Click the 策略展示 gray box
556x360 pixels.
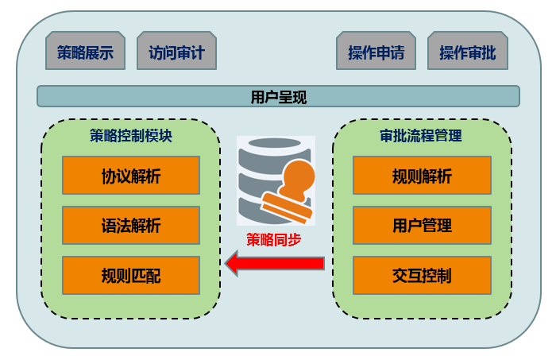[85, 52]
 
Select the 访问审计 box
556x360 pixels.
[176, 52]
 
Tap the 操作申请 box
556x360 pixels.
[376, 52]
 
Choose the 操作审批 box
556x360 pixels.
[467, 52]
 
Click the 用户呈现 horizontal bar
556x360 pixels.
[278, 97]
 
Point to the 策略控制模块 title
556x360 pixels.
[131, 135]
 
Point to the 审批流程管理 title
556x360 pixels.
[421, 135]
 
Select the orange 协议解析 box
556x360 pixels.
[131, 176]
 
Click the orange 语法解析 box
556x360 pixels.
[131, 226]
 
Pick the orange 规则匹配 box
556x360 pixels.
[131, 276]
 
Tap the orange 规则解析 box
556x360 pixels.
[422, 176]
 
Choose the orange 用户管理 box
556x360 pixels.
[422, 226]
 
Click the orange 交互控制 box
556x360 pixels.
[422, 276]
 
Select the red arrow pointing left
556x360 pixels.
[274, 263]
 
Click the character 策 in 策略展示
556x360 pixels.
[64, 53]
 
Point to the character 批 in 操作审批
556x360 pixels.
[488, 53]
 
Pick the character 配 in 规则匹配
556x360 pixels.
[153, 277]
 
